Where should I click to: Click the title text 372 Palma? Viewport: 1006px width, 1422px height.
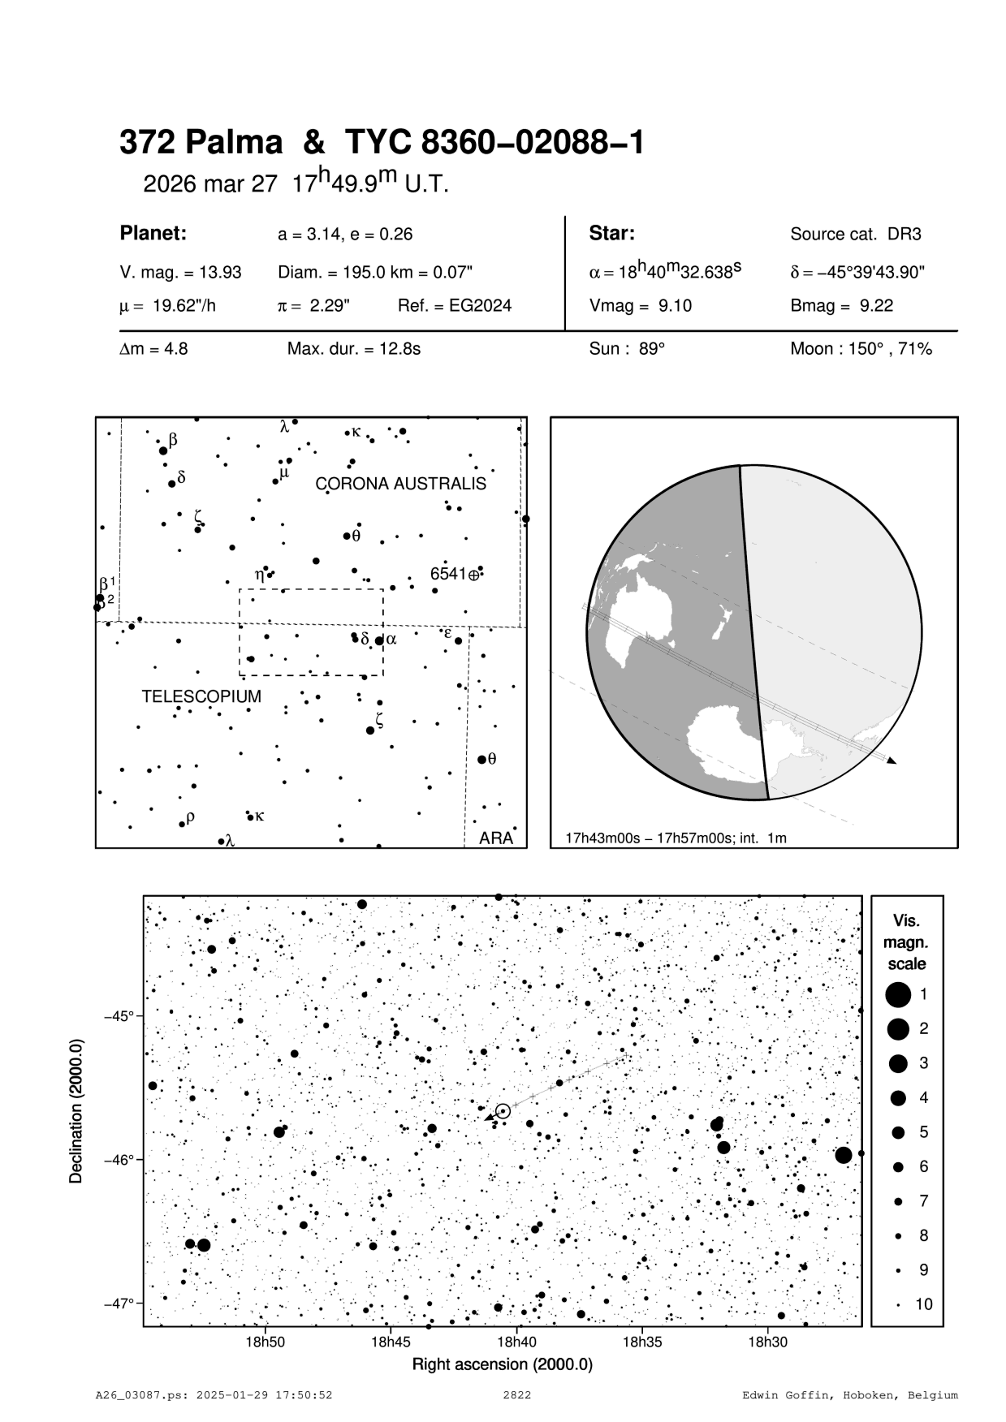pyautogui.click(x=201, y=144)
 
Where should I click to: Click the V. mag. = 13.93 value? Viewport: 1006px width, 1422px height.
pyautogui.click(x=180, y=273)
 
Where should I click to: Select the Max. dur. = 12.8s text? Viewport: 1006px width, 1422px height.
pyautogui.click(x=353, y=350)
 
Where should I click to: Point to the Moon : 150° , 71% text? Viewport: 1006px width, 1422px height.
pyautogui.click(x=861, y=350)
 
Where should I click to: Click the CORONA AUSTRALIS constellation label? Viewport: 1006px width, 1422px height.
pyautogui.click(x=400, y=484)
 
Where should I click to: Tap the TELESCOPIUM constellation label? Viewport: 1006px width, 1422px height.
pyautogui.click(x=201, y=696)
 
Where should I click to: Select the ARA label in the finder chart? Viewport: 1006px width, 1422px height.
pyautogui.click(x=495, y=838)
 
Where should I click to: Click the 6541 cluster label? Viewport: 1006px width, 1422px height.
pyautogui.click(x=448, y=574)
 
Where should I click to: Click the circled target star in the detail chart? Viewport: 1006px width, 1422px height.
pyautogui.click(x=503, y=1110)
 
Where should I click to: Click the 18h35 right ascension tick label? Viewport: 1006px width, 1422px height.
pyautogui.click(x=641, y=1342)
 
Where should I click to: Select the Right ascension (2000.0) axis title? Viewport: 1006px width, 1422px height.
pyautogui.click(x=502, y=1364)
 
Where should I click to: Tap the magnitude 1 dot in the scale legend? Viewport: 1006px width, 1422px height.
pyautogui.click(x=898, y=994)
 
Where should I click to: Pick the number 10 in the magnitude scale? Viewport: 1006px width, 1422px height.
pyautogui.click(x=924, y=1304)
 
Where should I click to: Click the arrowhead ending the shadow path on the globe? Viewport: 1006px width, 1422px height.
pyautogui.click(x=892, y=761)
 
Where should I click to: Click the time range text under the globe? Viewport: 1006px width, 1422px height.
pyautogui.click(x=676, y=838)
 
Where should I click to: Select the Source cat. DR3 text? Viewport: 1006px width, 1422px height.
pyautogui.click(x=856, y=235)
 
